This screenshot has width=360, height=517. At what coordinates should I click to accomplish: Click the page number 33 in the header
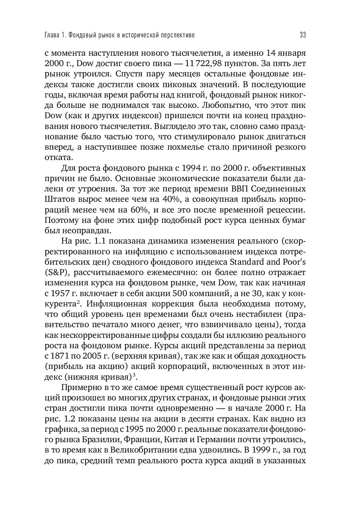pyautogui.click(x=303, y=35)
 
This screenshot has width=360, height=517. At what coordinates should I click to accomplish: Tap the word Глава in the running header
pyautogui.click(x=52, y=35)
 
